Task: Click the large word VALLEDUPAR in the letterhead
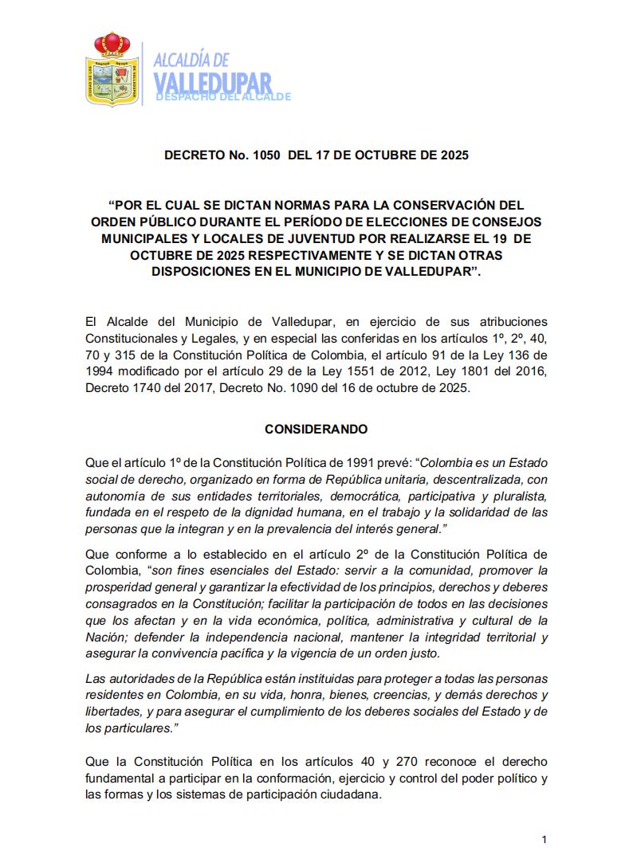pyautogui.click(x=212, y=82)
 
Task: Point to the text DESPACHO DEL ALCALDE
pyautogui.click(x=223, y=96)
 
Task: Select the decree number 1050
pyautogui.click(x=265, y=155)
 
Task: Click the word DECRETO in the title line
pyautogui.click(x=195, y=155)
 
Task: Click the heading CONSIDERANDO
pyautogui.click(x=316, y=429)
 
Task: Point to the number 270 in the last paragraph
pyautogui.click(x=402, y=762)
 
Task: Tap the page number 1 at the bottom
pyautogui.click(x=544, y=839)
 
